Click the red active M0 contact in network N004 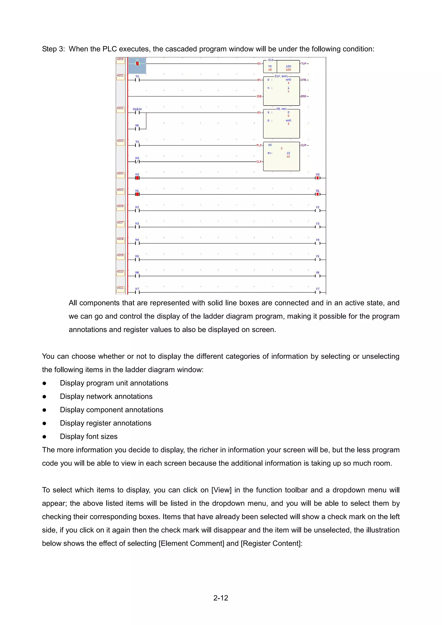tap(137, 178)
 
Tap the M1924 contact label tap(137, 109)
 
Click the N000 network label tap(120, 60)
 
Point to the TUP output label tap(304, 63)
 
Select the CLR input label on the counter tap(259, 161)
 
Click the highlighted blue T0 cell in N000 tap(137, 65)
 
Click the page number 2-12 tap(221, 598)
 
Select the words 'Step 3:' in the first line tap(53, 49)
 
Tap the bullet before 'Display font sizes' tap(44, 437)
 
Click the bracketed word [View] tap(221, 490)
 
